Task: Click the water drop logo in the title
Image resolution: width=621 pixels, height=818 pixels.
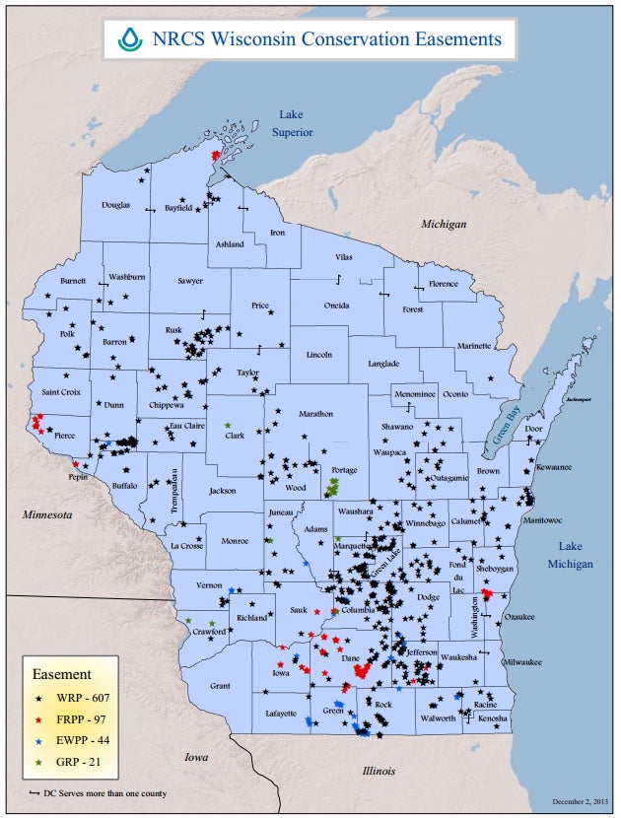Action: [130, 38]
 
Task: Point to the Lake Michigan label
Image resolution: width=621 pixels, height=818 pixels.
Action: [571, 555]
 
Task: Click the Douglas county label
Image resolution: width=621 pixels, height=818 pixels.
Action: [116, 205]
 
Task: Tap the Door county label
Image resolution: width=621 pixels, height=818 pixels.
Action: [533, 430]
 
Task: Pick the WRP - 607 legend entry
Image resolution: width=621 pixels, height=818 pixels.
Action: [68, 699]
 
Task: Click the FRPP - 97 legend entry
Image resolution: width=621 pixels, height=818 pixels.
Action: [68, 719]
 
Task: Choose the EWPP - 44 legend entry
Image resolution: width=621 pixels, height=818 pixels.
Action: [68, 740]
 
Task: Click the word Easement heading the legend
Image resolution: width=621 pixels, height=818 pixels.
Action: [64, 675]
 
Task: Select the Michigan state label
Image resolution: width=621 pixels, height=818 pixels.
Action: [444, 225]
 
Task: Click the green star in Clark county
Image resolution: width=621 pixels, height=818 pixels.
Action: [227, 425]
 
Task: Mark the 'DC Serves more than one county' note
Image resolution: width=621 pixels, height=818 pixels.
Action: [95, 793]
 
